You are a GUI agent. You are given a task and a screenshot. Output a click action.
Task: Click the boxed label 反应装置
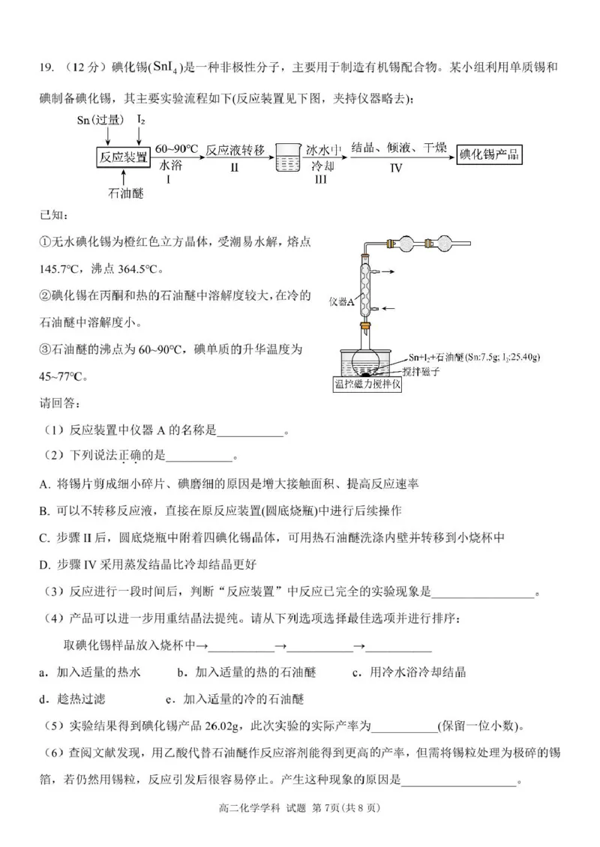pos(124,156)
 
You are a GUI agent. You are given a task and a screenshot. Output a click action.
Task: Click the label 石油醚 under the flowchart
pos(125,193)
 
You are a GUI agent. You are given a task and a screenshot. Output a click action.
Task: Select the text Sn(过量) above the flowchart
pos(103,119)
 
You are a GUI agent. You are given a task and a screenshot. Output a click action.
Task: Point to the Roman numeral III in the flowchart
pos(320,180)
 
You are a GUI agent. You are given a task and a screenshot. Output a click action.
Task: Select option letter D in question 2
pos(44,564)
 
